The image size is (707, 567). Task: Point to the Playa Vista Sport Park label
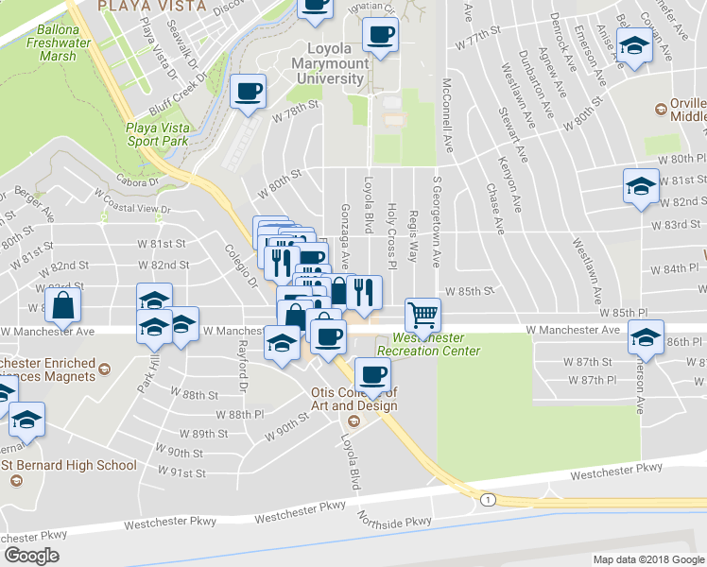pos(158,133)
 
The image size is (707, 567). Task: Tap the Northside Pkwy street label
pos(394,521)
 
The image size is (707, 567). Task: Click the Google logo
pos(32,555)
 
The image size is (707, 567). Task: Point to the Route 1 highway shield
pos(487,498)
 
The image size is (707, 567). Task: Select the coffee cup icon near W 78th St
pos(249,92)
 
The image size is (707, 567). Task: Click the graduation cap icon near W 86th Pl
pos(646,336)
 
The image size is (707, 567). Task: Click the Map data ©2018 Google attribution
pos(648,559)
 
